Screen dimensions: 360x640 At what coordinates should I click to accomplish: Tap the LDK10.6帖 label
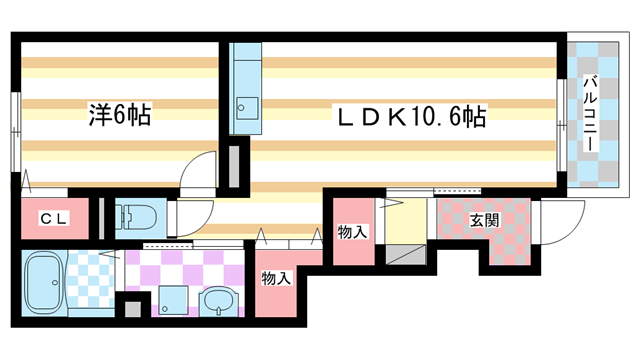pos(409,117)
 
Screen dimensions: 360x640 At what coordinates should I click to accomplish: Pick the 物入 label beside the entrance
pos(352,232)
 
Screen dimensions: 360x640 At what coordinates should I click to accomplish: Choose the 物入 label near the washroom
pos(276,279)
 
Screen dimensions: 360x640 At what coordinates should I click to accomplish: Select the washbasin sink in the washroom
pos(218,301)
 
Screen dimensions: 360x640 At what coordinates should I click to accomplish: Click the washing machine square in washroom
pos(172,299)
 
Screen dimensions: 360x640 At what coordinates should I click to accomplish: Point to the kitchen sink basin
pos(244,106)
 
